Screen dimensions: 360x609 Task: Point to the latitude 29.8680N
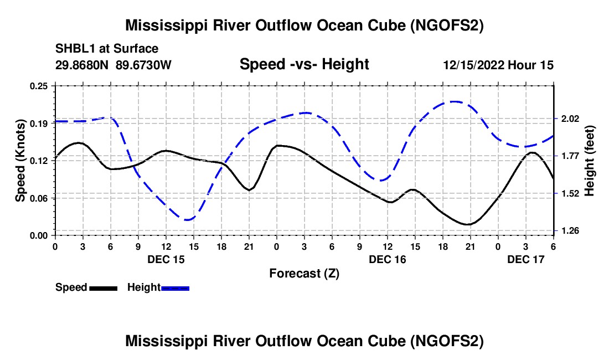coord(82,65)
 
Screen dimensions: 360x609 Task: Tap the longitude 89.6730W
coord(144,65)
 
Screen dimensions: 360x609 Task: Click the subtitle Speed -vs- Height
coord(304,64)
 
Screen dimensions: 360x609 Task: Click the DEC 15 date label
coord(166,259)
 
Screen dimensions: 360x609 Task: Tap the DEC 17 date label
coord(525,259)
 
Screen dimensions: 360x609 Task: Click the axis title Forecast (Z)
coord(304,273)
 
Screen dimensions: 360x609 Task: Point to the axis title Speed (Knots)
coord(20,161)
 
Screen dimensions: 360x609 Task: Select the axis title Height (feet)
coord(589,161)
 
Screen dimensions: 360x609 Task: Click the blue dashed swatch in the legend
coord(176,288)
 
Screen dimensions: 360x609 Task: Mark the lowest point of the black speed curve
coord(468,224)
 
